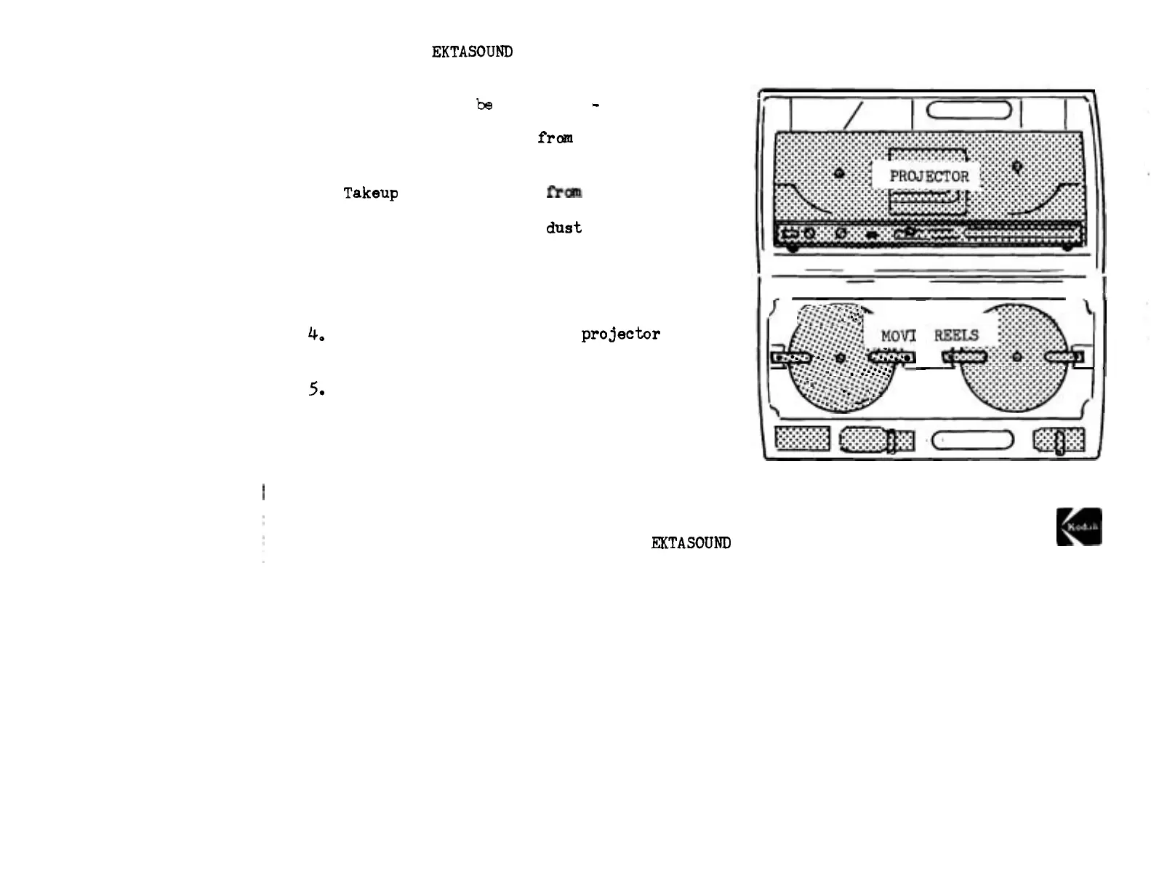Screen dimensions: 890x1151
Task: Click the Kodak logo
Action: (1079, 526)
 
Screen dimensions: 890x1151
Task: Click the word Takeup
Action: (371, 193)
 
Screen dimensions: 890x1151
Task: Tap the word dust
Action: (564, 228)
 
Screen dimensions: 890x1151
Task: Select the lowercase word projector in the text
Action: (620, 334)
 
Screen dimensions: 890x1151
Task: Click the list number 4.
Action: (315, 334)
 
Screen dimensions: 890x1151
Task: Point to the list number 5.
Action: (316, 389)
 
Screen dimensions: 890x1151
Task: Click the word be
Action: (484, 105)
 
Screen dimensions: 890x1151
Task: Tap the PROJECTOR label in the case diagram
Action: (929, 177)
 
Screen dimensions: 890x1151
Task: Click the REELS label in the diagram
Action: (956, 335)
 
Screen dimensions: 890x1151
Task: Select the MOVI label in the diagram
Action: (898, 336)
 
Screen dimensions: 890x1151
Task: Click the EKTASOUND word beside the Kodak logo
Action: (691, 543)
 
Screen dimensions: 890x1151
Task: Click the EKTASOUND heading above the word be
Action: (472, 52)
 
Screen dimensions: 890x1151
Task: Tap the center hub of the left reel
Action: (841, 358)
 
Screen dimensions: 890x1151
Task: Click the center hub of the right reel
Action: (1016, 357)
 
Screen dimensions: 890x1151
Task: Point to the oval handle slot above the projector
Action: (969, 110)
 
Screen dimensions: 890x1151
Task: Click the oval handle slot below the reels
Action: (972, 440)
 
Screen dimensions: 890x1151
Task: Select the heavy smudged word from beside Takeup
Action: (564, 192)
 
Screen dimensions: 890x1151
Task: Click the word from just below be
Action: (555, 137)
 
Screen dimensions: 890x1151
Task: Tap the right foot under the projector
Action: (1067, 248)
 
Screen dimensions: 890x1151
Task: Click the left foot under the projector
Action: (793, 248)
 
